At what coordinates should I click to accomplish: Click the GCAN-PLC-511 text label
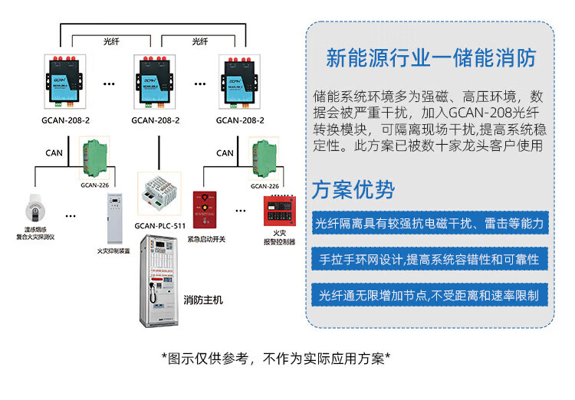click(159, 225)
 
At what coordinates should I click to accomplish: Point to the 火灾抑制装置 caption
click(113, 251)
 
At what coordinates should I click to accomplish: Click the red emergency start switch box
click(205, 210)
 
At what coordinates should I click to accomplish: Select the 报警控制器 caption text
click(278, 241)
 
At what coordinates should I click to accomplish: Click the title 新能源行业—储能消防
click(429, 58)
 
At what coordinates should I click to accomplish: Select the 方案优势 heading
click(353, 189)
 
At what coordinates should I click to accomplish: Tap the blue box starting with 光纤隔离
click(429, 223)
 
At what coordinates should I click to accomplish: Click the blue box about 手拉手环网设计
click(429, 259)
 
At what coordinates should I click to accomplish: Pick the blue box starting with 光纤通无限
click(429, 295)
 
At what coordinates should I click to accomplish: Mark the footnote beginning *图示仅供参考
click(276, 358)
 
